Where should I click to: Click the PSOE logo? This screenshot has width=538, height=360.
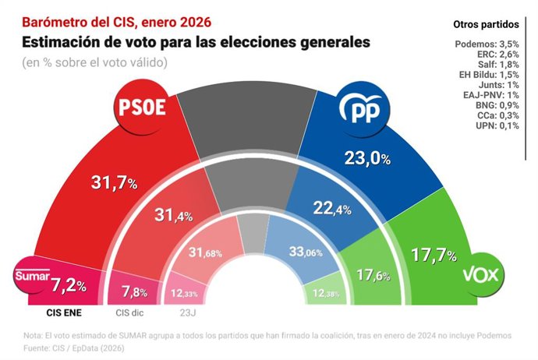141,108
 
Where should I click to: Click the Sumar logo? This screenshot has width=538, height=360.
33,276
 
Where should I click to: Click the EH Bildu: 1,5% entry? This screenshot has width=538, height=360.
489,74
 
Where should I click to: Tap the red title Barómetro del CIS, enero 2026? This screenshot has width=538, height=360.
116,17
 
